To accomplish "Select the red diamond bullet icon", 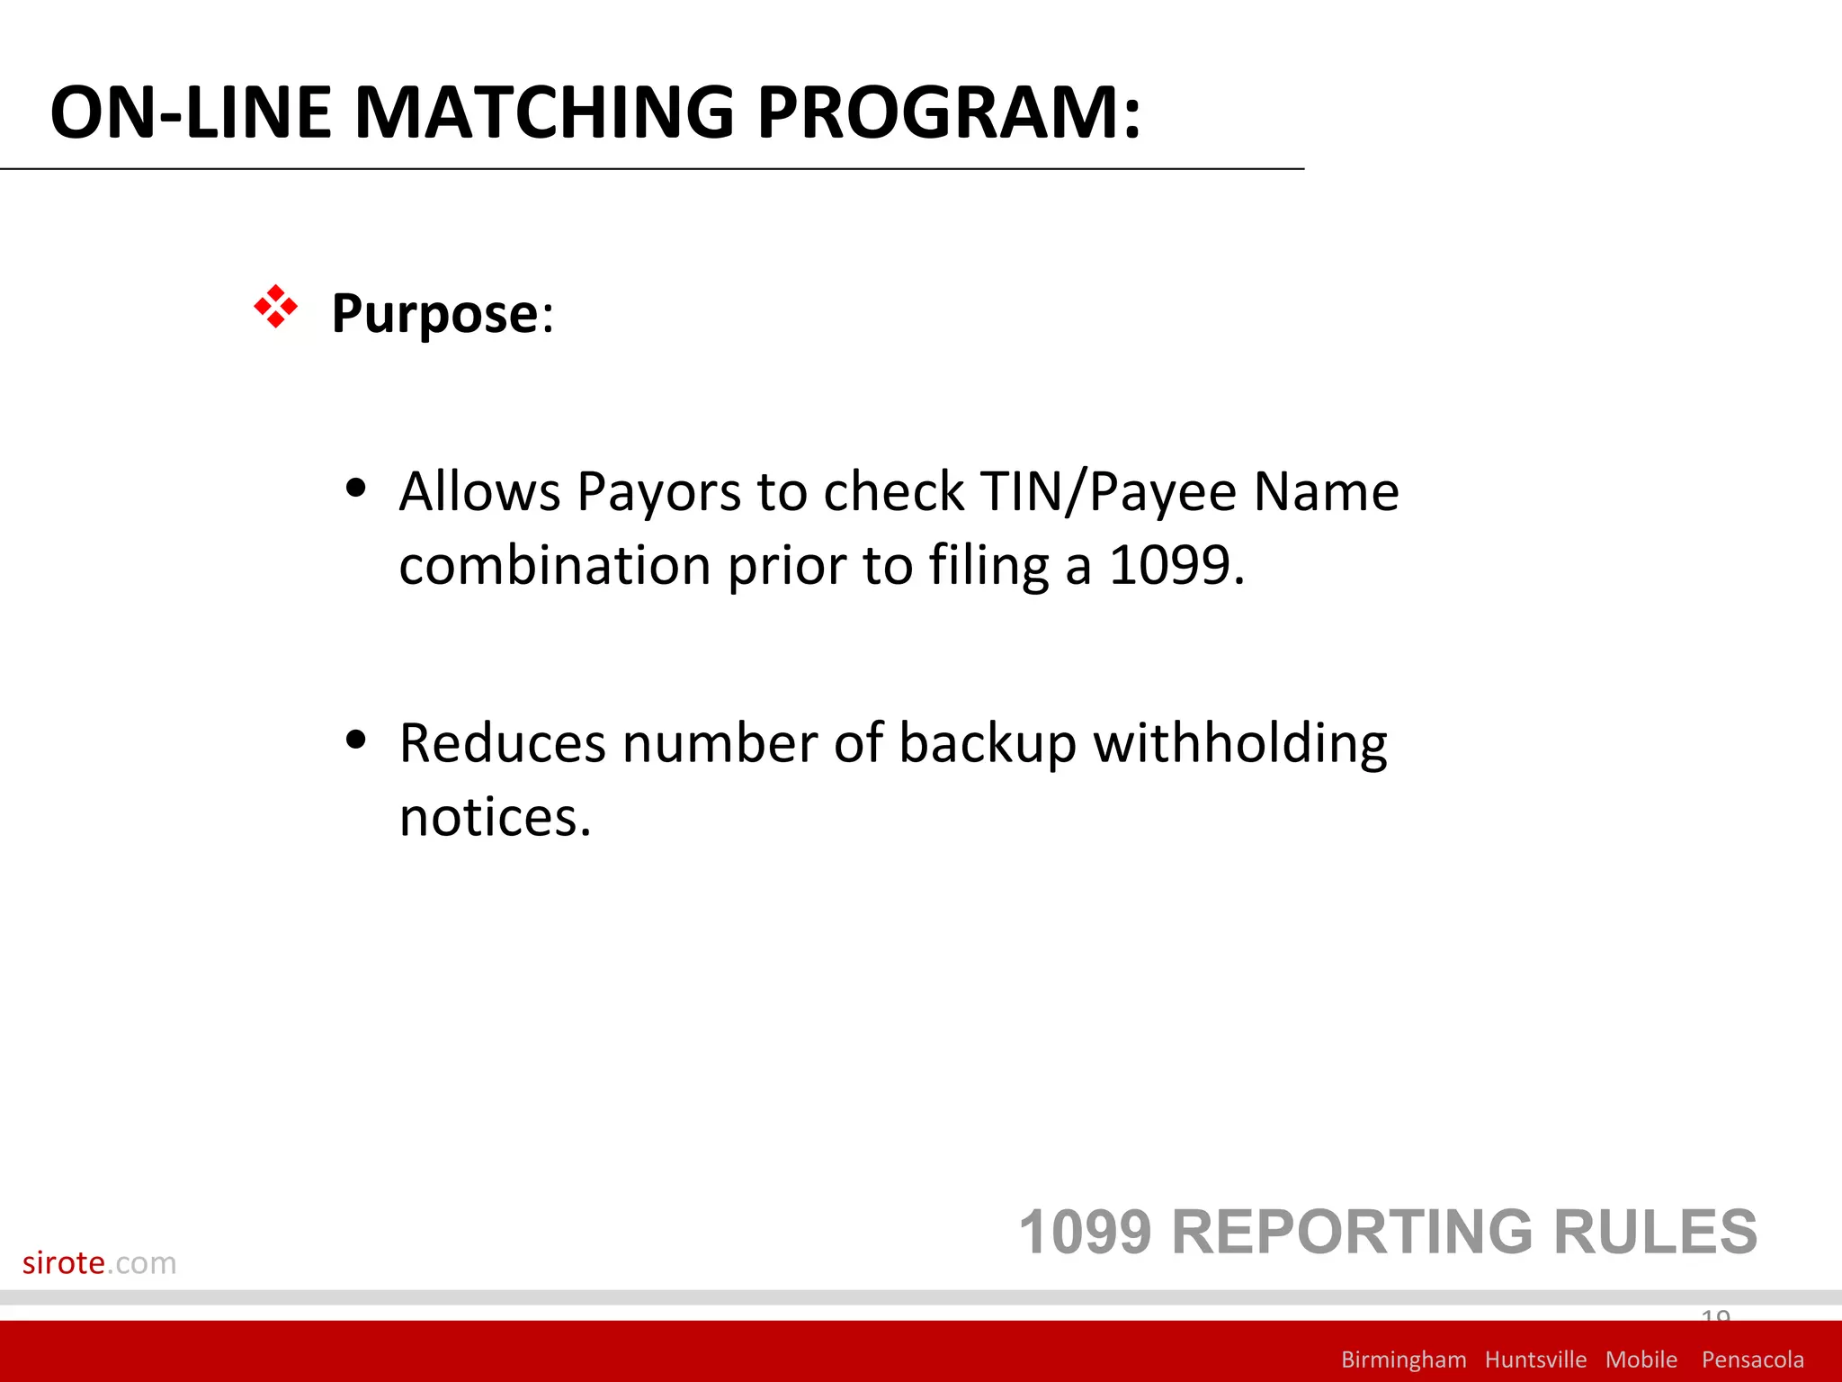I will [275, 308].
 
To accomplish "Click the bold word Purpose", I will [435, 313].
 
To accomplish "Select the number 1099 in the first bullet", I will [1170, 566].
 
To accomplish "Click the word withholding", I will [1239, 744].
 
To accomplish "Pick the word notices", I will [494, 818].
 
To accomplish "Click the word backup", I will [988, 744].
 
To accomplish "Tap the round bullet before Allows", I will [356, 488].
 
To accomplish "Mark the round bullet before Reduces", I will [356, 740].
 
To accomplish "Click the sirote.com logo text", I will [99, 1262].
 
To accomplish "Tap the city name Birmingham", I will [1403, 1360].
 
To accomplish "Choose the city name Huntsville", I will [1535, 1360].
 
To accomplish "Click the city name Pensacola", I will [1752, 1360].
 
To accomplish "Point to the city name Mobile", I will [1641, 1360].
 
